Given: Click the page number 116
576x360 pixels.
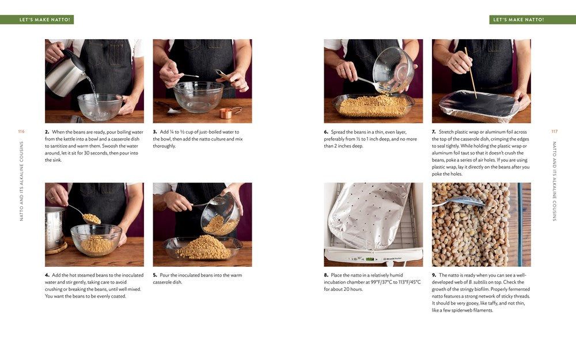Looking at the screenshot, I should tap(21, 131).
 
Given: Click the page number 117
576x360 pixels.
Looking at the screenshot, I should tap(554, 131).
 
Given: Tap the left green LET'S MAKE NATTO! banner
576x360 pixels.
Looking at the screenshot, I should tap(37, 20).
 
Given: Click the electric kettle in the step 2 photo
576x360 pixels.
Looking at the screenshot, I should tap(65, 74).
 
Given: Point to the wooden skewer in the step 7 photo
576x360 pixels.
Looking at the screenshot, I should tap(471, 72).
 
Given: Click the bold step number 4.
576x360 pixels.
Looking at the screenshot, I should tap(47, 275).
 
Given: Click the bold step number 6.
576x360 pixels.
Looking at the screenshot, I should tap(326, 132).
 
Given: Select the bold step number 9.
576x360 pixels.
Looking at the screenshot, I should tap(434, 275).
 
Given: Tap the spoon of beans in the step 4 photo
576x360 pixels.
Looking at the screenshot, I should tap(90, 218).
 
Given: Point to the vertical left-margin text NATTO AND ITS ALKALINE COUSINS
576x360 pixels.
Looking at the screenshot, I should tap(21, 181).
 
